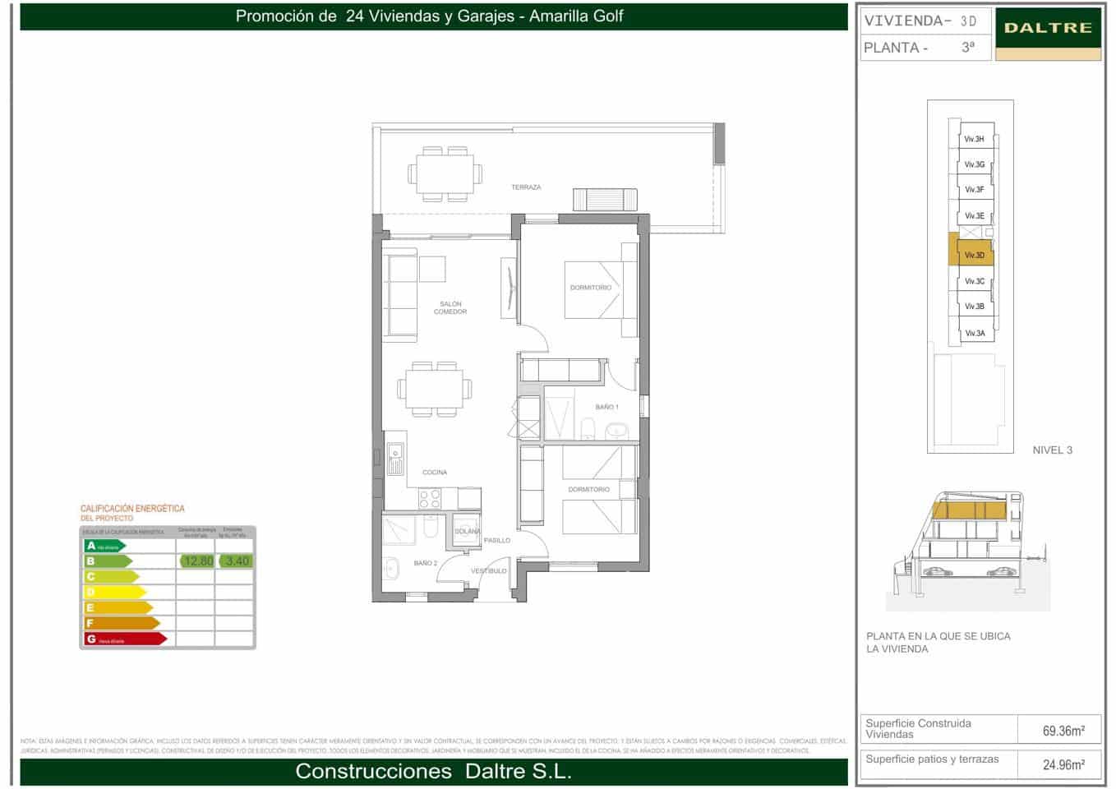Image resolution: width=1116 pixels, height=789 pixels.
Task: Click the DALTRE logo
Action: pos(1048,28)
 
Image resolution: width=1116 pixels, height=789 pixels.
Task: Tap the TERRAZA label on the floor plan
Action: pos(526,187)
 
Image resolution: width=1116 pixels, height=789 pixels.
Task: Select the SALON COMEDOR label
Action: pos(450,308)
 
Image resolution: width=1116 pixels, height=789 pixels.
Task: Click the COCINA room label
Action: pos(435,473)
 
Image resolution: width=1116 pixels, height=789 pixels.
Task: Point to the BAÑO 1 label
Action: pos(607,408)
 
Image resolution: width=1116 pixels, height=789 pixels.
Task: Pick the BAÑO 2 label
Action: pos(426,564)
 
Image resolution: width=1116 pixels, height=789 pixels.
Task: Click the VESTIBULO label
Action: pos(488,571)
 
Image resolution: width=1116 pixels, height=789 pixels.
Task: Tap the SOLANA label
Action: pos(468,532)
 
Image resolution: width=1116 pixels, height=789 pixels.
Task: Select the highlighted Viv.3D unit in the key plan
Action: pos(975,256)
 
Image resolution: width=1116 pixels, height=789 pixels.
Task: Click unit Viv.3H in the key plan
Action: pos(975,140)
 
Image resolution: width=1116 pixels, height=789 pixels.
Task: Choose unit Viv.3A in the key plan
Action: pos(975,334)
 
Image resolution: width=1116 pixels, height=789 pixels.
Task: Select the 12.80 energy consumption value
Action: pos(197,561)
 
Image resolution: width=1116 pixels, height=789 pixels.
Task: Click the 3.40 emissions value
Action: pos(237,561)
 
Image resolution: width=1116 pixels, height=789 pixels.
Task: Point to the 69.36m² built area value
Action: pos(1063,731)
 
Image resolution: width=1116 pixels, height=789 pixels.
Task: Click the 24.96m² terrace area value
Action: pos(1063,765)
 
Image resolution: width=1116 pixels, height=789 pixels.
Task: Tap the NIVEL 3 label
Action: pos(1052,450)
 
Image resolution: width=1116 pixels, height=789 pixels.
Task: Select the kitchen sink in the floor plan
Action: pos(395,460)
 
